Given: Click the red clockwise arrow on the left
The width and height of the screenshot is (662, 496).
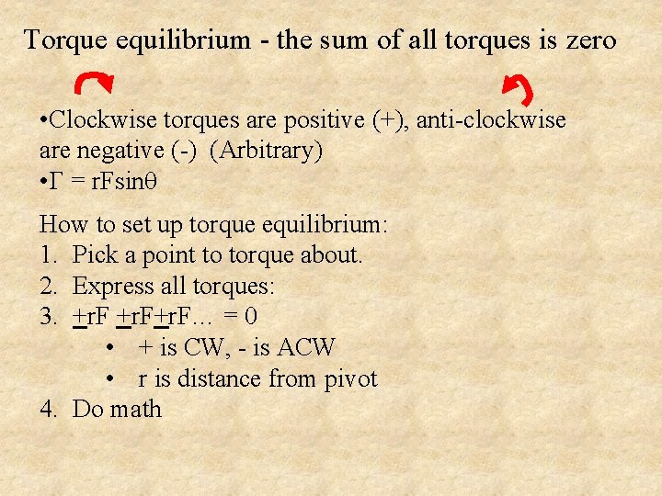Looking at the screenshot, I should coord(96,84).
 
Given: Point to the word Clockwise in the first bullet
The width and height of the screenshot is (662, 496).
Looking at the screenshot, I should coord(97,120).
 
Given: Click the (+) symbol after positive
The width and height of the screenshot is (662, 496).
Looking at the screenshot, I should coord(391,120).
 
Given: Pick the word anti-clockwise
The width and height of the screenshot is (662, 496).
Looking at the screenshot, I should coord(492,120).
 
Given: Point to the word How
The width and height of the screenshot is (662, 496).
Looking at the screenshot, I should coord(63,224).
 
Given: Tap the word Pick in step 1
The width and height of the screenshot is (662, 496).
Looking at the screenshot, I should coord(93,254).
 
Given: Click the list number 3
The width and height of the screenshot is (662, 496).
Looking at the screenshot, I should coord(48,317).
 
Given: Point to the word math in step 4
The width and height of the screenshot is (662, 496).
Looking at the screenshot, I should coord(135,410).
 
